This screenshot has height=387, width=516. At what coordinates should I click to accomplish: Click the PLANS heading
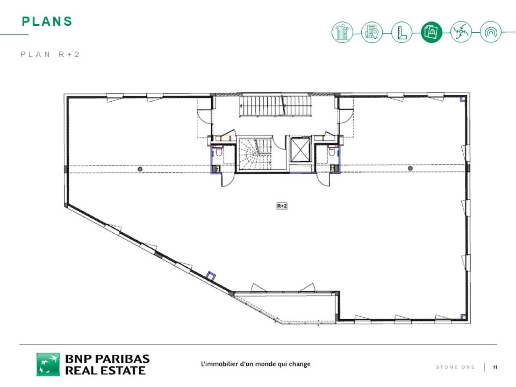[47, 21]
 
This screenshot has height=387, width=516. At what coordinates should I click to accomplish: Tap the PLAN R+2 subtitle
[50, 54]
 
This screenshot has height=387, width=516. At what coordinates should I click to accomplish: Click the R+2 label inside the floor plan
[282, 206]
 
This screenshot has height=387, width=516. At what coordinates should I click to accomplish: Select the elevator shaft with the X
[300, 150]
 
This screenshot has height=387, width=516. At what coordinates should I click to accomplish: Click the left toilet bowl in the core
[219, 152]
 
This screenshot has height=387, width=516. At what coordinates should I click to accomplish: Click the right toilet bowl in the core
[331, 152]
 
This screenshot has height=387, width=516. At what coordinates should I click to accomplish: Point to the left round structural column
[140, 169]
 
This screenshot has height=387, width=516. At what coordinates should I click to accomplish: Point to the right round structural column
[410, 168]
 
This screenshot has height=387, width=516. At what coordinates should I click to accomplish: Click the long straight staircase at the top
[276, 106]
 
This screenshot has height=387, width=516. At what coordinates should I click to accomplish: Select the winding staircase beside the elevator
[255, 154]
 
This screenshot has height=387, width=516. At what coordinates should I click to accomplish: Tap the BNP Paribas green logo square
[48, 364]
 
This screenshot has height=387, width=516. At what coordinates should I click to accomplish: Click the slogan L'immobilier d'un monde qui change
[256, 364]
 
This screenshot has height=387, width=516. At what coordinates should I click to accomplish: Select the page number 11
[495, 367]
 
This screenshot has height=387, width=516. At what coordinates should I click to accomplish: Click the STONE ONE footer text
[455, 367]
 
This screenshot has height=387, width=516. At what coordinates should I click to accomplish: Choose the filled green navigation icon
[431, 32]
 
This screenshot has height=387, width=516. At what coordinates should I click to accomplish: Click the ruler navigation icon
[402, 32]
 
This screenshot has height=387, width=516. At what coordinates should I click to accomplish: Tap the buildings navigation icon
[342, 32]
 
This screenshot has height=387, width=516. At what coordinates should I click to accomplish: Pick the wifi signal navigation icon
[491, 32]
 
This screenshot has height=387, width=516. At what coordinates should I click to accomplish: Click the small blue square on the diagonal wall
[211, 276]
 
